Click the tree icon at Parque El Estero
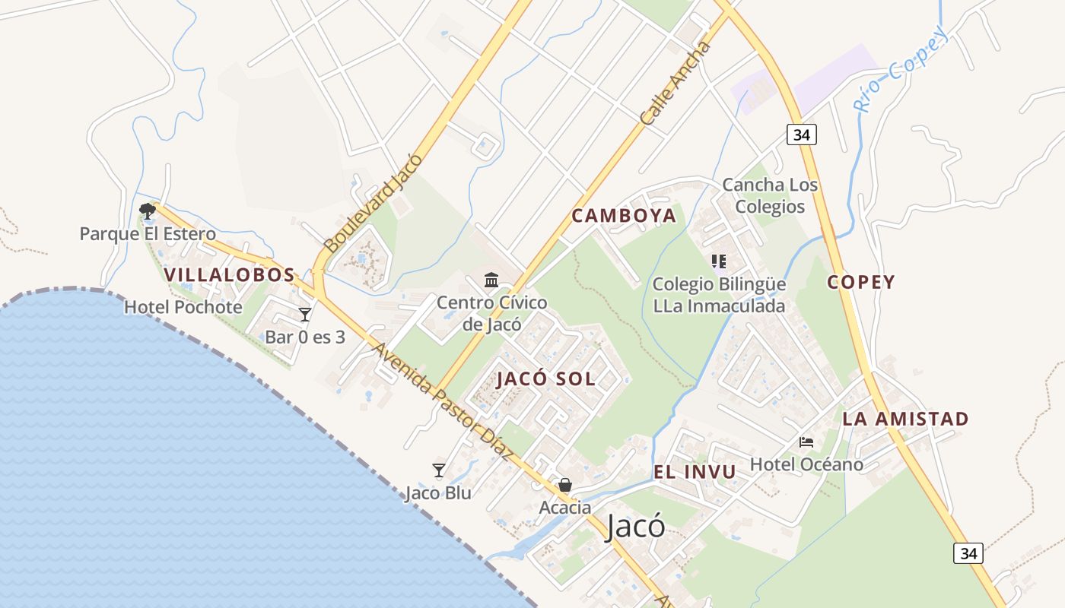pyautogui.click(x=148, y=211)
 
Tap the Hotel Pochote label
pyautogui.click(x=183, y=307)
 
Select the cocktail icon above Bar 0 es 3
pyautogui.click(x=305, y=314)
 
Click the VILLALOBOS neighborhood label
pyautogui.click(x=229, y=274)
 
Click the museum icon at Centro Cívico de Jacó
pyautogui.click(x=491, y=280)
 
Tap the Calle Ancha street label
pyautogui.click(x=675, y=84)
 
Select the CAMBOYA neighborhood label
pyautogui.click(x=624, y=216)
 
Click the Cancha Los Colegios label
pyautogui.click(x=770, y=195)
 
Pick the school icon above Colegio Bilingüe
pyautogui.click(x=719, y=262)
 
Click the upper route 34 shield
pyautogui.click(x=801, y=135)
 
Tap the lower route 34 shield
pyautogui.click(x=968, y=553)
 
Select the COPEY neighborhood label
pyautogui.click(x=861, y=282)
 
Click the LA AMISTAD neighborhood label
pyautogui.click(x=905, y=419)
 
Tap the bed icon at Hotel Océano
pyautogui.click(x=806, y=442)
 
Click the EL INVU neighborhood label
pyautogui.click(x=695, y=472)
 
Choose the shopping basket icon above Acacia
pyautogui.click(x=565, y=485)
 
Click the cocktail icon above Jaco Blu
pyautogui.click(x=438, y=470)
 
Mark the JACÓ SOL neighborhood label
pyautogui.click(x=546, y=378)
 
